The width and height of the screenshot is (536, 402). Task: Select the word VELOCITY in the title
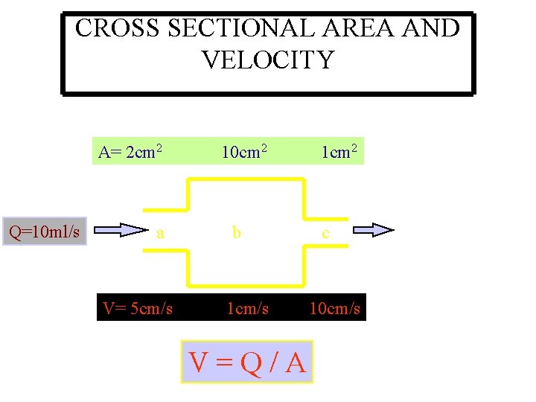(x=268, y=60)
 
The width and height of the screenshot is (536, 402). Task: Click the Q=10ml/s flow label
(x=45, y=231)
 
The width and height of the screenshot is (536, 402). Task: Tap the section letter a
(x=160, y=233)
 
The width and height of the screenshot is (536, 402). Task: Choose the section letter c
(x=325, y=234)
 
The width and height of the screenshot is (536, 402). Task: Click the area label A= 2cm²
(x=130, y=153)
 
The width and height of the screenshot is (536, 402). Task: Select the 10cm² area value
(x=246, y=153)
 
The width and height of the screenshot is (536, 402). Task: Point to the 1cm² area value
(x=339, y=153)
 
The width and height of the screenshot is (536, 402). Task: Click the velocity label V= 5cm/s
(x=138, y=308)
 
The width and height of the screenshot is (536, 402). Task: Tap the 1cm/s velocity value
(x=248, y=308)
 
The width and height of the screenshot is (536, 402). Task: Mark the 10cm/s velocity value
(x=335, y=308)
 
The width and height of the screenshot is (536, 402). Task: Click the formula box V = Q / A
(x=247, y=362)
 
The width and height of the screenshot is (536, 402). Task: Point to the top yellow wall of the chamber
(x=246, y=179)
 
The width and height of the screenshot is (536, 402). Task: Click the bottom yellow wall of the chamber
(x=246, y=285)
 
